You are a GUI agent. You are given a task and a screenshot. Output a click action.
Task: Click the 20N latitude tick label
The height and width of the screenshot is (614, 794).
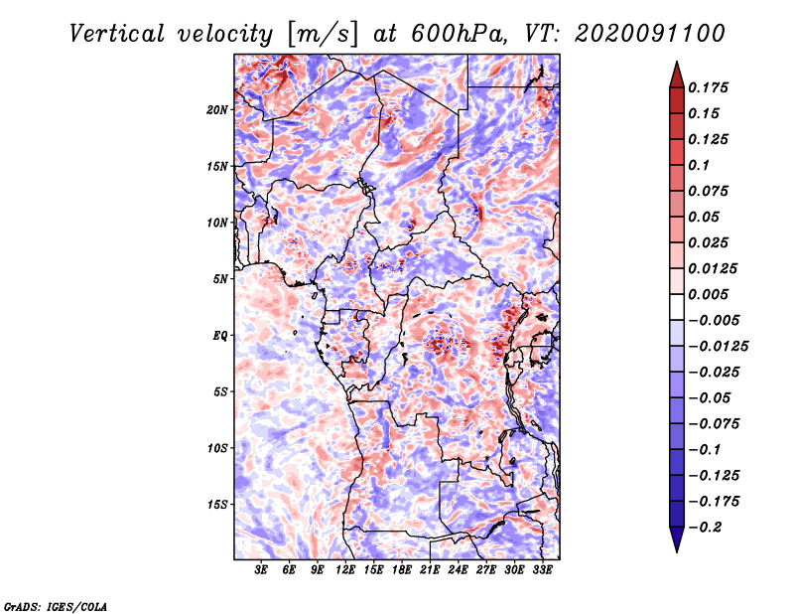[216, 110]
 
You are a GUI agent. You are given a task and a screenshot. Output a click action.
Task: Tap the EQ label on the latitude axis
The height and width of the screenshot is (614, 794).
[220, 336]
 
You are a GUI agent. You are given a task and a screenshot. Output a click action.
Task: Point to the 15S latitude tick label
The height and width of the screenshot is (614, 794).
[217, 505]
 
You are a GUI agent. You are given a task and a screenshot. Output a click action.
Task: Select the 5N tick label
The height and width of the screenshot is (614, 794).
[220, 279]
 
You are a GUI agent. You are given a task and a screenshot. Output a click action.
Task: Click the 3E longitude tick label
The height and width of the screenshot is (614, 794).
[261, 570]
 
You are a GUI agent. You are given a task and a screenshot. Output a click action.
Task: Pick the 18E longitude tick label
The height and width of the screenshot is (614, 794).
[402, 570]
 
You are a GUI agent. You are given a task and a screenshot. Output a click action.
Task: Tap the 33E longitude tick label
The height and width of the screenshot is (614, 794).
[542, 570]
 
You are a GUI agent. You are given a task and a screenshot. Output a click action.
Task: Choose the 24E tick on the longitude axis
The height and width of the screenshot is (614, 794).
[458, 570]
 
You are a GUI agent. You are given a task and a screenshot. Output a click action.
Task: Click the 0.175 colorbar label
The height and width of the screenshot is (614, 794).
[708, 87]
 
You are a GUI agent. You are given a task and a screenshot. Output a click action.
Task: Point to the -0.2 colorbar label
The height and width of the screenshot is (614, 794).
[705, 528]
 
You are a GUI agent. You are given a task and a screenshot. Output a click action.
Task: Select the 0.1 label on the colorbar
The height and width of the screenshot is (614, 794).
[699, 165]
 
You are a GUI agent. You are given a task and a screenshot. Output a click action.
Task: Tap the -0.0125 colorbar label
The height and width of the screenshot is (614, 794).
[718, 347]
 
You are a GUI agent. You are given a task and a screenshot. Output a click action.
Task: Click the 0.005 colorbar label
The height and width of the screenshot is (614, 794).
[708, 294]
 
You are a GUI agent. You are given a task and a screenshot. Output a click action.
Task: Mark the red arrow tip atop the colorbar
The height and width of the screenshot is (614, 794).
[677, 62]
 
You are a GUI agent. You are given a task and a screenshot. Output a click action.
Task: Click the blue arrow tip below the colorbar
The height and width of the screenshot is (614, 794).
[677, 551]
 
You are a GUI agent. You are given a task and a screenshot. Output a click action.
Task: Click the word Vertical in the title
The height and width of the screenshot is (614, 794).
[117, 34]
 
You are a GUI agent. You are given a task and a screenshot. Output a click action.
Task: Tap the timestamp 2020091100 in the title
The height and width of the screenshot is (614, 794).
[650, 34]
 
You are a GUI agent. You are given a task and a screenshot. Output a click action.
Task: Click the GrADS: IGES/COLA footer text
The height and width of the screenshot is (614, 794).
[56, 606]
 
